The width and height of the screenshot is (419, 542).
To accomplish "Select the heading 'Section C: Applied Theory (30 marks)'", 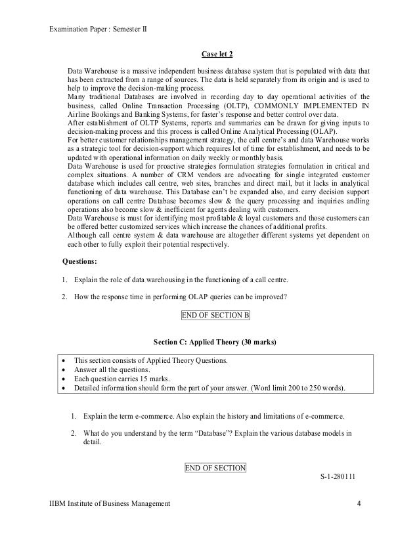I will click(215, 343).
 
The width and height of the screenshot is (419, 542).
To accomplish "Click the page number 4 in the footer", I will click(359, 503).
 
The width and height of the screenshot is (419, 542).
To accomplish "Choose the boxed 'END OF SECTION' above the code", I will click(215, 468).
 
